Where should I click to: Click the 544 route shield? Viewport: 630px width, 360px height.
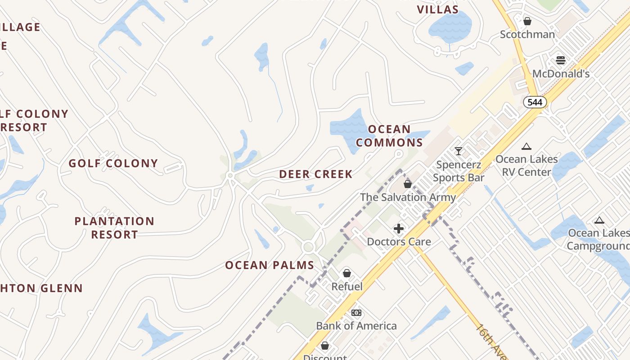(535, 102)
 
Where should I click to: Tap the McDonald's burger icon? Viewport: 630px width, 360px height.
(560, 60)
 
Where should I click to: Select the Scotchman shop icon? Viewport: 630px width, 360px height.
(527, 21)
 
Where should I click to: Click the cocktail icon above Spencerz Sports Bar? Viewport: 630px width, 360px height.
(458, 151)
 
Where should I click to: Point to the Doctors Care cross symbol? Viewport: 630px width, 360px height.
(399, 229)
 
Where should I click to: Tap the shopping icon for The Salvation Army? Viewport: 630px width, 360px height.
(408, 184)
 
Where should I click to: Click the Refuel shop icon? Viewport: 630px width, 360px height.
(347, 273)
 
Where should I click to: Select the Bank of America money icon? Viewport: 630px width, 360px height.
(356, 313)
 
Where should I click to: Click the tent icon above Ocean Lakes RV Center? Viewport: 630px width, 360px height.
(526, 146)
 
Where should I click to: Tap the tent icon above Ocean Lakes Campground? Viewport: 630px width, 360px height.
(598, 220)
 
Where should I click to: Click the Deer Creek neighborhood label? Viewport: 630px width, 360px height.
(316, 174)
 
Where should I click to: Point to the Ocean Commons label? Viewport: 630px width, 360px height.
(389, 136)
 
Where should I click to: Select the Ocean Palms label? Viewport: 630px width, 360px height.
(270, 265)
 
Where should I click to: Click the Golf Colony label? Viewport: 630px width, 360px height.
(113, 163)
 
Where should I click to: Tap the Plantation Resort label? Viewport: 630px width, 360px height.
(114, 228)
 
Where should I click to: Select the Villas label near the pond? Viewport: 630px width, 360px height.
(437, 9)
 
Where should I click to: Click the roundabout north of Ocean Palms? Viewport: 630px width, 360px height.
(308, 247)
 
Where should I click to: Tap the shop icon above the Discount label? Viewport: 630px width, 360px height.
(325, 346)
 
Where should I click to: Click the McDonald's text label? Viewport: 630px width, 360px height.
(561, 73)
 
